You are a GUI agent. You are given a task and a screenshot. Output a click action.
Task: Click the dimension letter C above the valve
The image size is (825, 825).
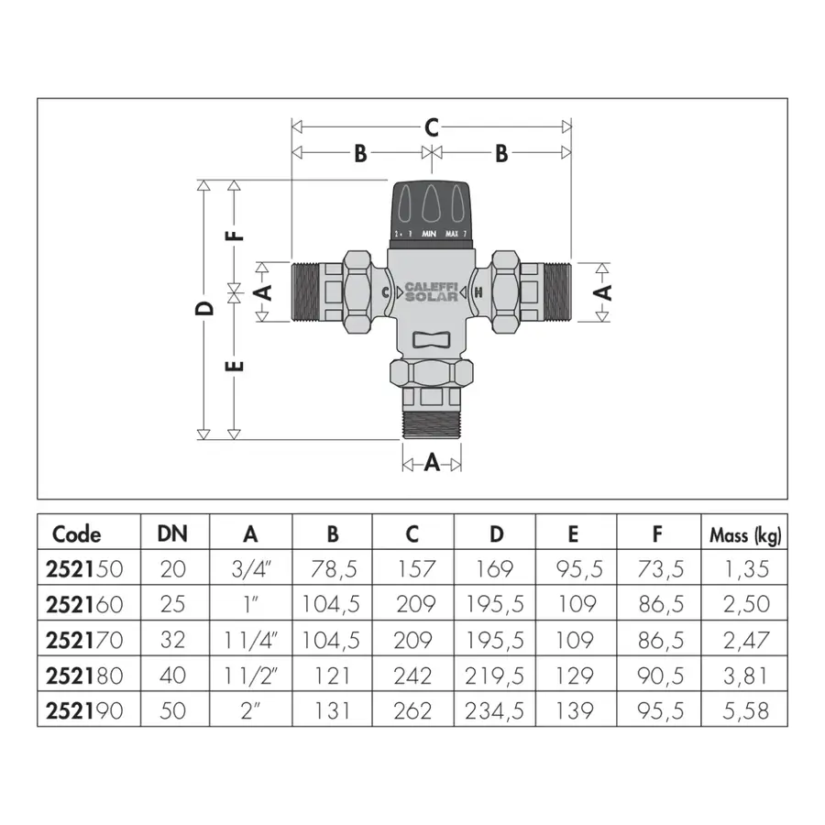pos(432,127)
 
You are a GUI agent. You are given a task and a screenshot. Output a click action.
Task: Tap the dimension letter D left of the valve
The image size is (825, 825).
pos(204,308)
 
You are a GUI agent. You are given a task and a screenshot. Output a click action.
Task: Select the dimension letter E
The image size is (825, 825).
pos(235,366)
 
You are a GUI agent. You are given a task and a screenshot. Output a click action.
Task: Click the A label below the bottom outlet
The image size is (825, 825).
pos(432,463)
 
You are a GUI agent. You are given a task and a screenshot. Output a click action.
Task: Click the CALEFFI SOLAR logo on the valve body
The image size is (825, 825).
pos(432,291)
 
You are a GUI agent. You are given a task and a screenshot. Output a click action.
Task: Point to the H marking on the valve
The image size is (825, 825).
pos(478,292)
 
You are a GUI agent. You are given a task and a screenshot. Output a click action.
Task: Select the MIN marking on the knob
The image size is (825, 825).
pos(429,234)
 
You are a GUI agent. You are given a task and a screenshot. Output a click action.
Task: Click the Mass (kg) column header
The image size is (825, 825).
pos(745,535)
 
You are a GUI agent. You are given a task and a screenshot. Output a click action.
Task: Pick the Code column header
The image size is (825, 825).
pos(76,534)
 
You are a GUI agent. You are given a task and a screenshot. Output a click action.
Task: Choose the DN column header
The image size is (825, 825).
pos(172,534)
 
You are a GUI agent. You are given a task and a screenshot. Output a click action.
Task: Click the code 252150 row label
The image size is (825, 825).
pos(84,568)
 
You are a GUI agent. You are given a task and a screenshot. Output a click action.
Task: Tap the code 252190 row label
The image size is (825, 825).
pos(84,710)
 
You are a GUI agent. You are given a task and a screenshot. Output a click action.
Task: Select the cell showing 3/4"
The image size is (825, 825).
pos(250,568)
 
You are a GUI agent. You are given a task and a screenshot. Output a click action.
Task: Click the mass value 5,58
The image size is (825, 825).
pos(745,710)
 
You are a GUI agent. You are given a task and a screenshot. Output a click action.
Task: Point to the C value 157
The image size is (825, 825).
pos(415,568)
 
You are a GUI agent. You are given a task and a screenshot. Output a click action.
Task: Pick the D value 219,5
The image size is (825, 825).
pos(494,676)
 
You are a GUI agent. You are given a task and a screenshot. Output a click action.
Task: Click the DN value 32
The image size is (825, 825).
pos(172,640)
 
